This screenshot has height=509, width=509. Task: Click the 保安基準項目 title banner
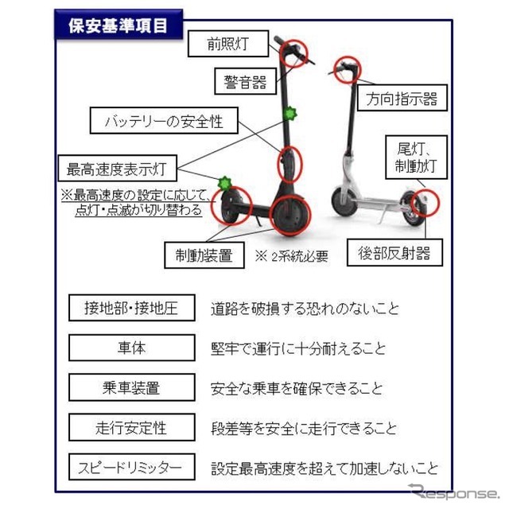119,25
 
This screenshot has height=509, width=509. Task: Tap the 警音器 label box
246,81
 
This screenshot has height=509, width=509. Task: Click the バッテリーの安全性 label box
164,122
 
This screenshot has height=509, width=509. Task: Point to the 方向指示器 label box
401,99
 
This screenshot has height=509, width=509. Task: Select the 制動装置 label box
204,255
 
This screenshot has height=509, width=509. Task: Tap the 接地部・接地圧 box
131,307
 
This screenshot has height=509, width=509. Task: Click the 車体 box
131,348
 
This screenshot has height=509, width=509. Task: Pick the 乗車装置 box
131,388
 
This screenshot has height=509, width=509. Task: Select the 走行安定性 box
131,428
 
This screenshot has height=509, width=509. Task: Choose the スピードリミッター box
131,468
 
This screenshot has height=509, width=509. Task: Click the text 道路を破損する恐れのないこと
305,308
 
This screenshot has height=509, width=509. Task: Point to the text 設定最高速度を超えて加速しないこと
324,468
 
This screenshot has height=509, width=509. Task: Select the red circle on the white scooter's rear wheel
425,202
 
